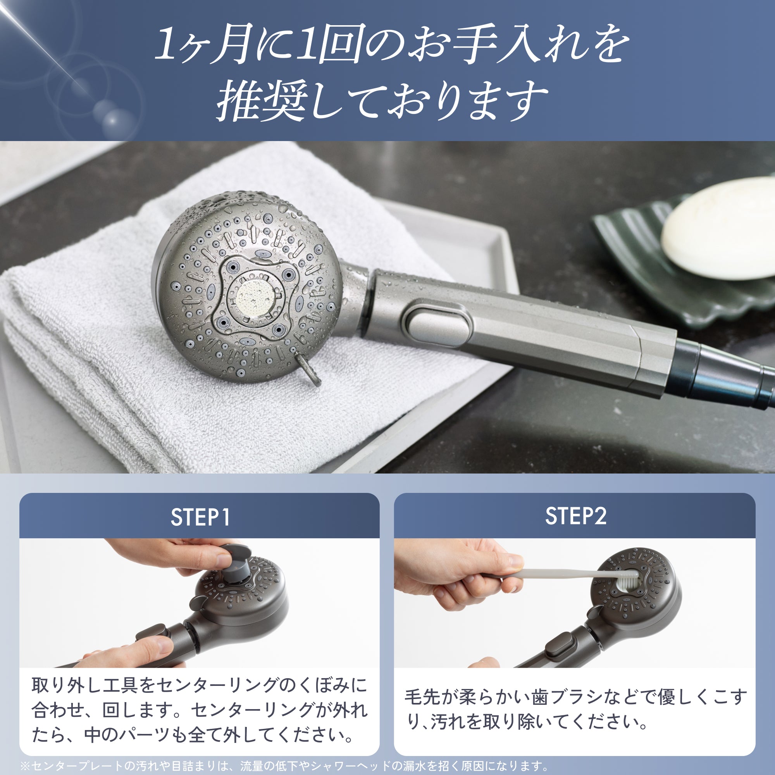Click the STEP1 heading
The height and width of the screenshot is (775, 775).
click(200, 517)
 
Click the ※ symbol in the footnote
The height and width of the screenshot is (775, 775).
click(25, 766)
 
